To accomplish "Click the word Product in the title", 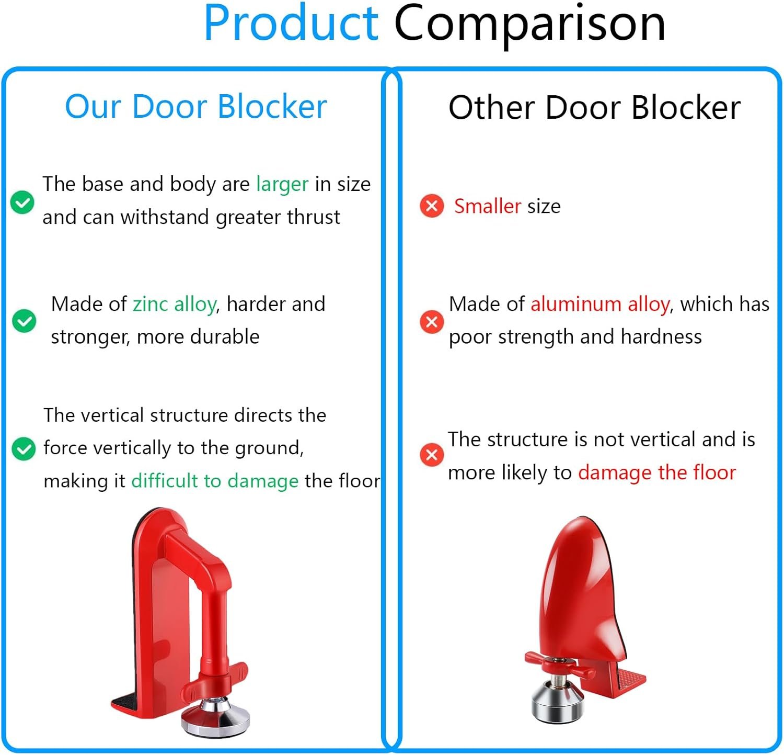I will tap(291, 24).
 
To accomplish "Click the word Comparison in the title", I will tap(529, 24).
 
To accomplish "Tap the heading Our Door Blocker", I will tap(195, 107).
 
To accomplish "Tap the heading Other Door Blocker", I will tap(594, 108).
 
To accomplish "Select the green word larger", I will tap(282, 185).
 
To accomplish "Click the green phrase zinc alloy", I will tap(174, 304).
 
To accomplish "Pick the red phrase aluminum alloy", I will tap(599, 304).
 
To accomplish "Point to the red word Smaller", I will tap(487, 206).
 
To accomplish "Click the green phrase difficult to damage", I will tap(214, 481).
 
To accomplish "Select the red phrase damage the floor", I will tap(656, 472).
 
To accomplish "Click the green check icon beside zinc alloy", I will tap(24, 321).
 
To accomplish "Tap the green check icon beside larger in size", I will tap(22, 202).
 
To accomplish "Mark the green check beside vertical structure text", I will tap(24, 448).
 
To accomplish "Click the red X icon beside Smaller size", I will tap(432, 206).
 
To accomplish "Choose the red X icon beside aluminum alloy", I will tap(432, 321).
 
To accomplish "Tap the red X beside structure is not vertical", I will tap(432, 455).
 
